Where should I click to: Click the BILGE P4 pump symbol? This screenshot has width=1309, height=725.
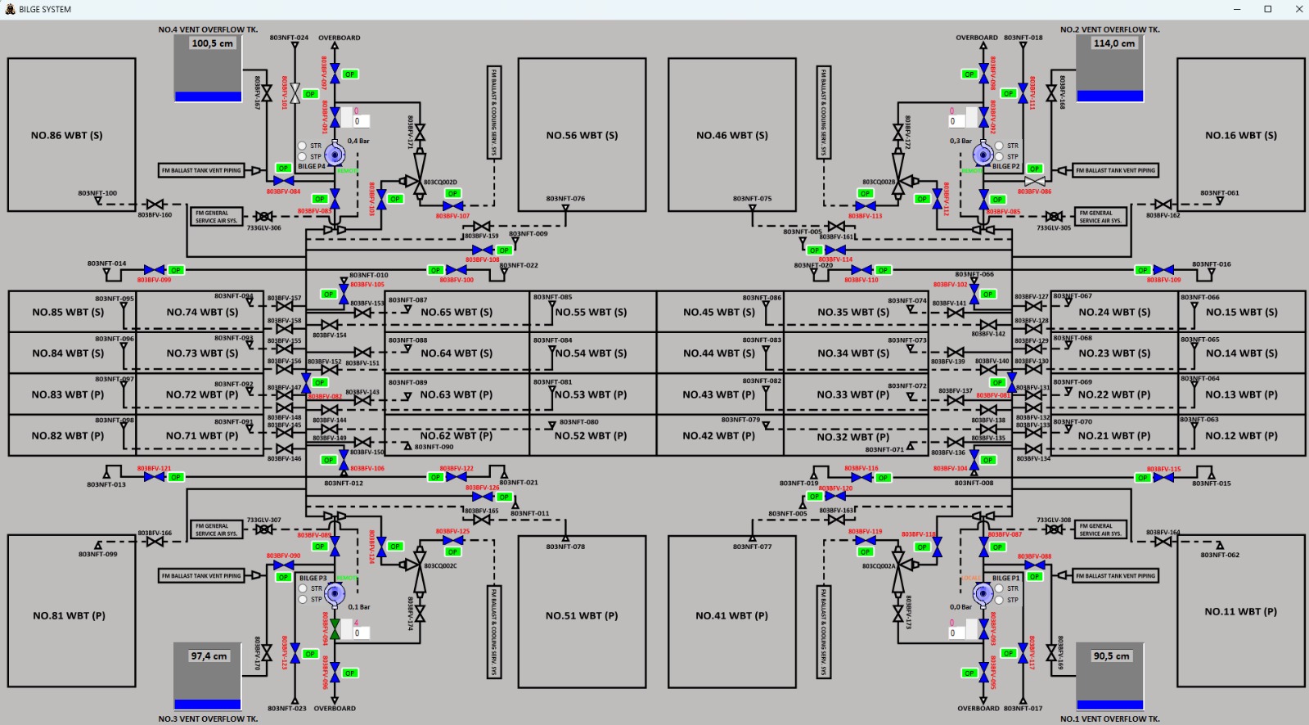[x=334, y=153]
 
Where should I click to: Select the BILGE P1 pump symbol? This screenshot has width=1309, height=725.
[x=983, y=592]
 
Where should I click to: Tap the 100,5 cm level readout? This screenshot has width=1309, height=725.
[x=212, y=43]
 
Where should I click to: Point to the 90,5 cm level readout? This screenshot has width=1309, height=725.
[x=1111, y=655]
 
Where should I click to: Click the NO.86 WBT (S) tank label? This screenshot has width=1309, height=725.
[x=67, y=135]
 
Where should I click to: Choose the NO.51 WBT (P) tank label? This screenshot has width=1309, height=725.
[x=582, y=615]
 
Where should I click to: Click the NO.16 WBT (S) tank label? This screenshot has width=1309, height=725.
[x=1241, y=135]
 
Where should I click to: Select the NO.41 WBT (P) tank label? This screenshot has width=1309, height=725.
[x=731, y=615]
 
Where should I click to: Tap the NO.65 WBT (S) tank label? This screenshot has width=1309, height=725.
[x=457, y=312]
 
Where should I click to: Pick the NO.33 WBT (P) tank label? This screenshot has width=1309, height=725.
[x=852, y=394]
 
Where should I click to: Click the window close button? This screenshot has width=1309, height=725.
[x=1298, y=9]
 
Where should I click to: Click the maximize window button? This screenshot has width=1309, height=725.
[x=1267, y=9]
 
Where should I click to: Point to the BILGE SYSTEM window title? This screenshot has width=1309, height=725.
[x=45, y=9]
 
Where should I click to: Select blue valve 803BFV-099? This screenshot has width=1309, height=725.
[x=154, y=269]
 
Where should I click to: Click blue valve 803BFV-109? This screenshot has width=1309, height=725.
[x=1163, y=269]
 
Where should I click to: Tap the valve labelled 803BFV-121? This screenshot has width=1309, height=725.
[x=154, y=476]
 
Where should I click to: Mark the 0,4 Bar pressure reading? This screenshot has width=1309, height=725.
[x=358, y=141]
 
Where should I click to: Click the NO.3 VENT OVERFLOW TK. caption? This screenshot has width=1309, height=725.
[x=208, y=718]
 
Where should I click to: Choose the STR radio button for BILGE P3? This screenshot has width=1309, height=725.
[x=303, y=588]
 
